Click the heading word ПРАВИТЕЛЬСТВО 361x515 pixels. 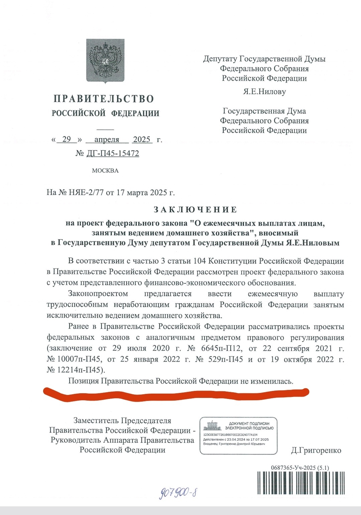104,99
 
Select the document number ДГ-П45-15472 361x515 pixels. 113,153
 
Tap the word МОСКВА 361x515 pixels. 105,171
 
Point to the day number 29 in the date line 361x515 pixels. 67,139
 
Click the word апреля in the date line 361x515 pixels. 107,139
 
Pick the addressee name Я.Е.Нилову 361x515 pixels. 264,92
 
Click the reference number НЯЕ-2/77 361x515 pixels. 86,193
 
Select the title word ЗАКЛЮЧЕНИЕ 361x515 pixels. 196,210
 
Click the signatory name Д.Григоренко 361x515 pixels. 316,451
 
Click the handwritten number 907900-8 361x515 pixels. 177,492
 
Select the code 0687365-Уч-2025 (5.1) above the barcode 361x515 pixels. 300,468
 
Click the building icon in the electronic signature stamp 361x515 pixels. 212,426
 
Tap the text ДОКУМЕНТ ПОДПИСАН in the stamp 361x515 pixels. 249,424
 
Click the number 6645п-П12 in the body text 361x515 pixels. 219,349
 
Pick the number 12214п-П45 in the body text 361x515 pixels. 75,370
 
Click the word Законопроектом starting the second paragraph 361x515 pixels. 98,294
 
